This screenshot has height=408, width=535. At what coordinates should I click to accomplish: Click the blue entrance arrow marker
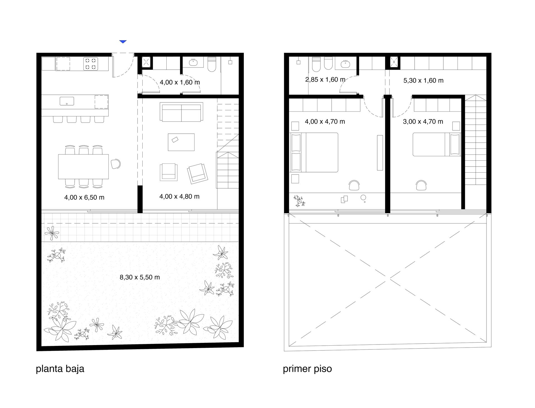pos(123,42)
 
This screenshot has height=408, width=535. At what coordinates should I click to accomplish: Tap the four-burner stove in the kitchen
pos(91,63)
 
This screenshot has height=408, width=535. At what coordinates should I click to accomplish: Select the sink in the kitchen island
pos(67,101)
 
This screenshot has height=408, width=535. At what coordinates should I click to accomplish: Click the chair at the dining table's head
pos(115,164)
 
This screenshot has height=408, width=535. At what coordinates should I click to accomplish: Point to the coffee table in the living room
pos(181,142)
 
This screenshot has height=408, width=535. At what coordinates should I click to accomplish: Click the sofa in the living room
pos(181,112)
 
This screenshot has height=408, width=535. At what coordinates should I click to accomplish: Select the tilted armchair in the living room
pos(198,174)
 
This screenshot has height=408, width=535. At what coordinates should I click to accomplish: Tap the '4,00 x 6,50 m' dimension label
pos(84,197)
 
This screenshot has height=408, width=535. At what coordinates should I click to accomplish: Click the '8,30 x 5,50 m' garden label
pos(140,277)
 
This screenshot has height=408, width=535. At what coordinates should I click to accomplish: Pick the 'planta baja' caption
pos(60,369)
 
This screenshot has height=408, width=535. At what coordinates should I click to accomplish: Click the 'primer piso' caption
pos(307,369)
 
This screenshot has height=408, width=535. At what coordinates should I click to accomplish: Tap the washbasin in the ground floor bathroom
pos(194,62)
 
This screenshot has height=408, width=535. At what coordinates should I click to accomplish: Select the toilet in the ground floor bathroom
pos(212,64)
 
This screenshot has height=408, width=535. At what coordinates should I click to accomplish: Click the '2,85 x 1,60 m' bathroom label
pos(325,80)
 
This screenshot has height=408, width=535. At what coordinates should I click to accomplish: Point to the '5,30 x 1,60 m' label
pos(423,80)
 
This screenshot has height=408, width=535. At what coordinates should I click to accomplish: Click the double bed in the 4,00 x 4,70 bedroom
pos(314,152)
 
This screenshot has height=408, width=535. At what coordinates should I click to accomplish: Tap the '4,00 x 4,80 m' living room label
pos(179,197)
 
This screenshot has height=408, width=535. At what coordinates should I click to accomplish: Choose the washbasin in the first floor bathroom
pos(346,64)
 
